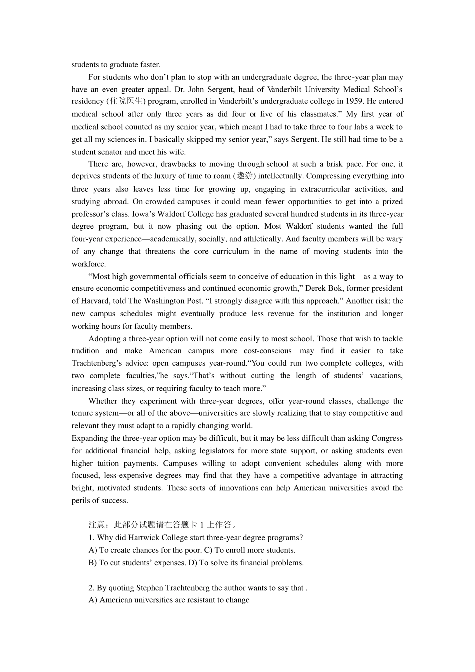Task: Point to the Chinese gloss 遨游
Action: point(245,176)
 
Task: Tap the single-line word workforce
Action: point(88,264)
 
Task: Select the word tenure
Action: point(82,413)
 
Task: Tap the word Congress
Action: point(386,438)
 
